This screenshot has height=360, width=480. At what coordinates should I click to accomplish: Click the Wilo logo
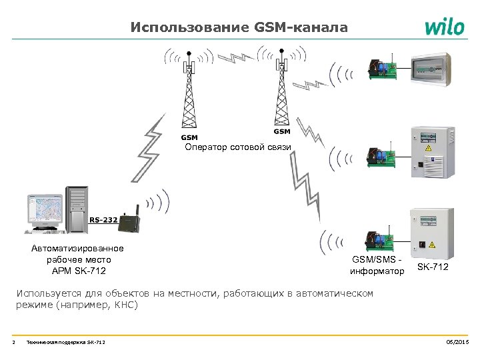pos(444,27)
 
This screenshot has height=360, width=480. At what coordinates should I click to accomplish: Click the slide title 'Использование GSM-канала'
pos(239,27)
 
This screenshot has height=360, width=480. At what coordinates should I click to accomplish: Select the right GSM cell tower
pos(283,87)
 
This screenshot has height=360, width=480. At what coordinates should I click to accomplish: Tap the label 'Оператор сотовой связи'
pos(238,147)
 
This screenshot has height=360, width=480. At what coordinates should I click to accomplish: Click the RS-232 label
pos(103,219)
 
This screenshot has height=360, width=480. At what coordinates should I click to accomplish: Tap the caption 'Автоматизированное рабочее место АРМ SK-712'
pos(77,259)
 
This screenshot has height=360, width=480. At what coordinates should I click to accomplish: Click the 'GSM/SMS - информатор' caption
pos(377,265)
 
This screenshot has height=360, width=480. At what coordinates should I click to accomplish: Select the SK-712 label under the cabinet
pos(433,267)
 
